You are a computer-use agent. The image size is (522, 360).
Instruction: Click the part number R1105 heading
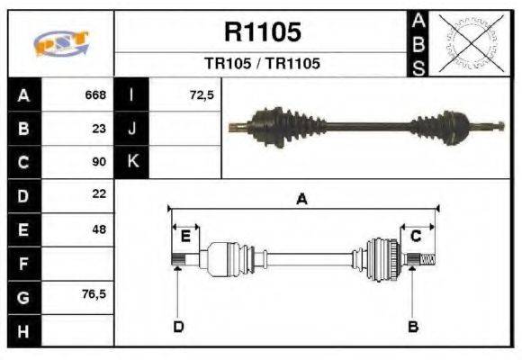(x=262, y=33)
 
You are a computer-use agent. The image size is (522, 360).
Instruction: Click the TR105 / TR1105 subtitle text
(x=262, y=64)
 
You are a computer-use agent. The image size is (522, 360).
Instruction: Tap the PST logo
(x=60, y=43)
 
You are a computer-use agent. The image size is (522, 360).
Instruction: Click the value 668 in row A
(x=95, y=94)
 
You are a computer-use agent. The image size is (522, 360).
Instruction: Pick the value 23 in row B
(x=99, y=128)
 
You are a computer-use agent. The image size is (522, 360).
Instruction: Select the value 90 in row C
(x=99, y=162)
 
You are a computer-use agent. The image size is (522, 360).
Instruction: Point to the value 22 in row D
(x=99, y=194)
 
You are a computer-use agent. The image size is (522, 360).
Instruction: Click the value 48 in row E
(x=99, y=229)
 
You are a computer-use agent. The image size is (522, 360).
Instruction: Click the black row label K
(x=131, y=162)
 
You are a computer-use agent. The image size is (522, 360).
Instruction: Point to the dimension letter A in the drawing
(x=302, y=200)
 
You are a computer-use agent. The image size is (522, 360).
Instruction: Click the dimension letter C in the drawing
(x=416, y=236)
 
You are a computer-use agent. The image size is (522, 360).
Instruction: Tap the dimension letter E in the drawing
(x=185, y=236)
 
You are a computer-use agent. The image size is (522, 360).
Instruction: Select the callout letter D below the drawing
(x=178, y=326)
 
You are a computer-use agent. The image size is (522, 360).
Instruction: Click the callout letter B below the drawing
(x=413, y=326)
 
